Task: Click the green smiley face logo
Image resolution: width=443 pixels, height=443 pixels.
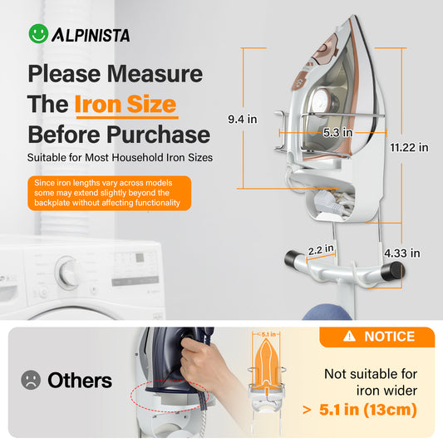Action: tap(38, 34)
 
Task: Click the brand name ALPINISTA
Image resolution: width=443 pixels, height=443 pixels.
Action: tap(91, 36)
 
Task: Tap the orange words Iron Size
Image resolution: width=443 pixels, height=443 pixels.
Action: tap(126, 105)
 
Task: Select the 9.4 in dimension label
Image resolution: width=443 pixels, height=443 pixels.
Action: tap(241, 120)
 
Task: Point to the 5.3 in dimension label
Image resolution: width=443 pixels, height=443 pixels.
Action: tap(337, 131)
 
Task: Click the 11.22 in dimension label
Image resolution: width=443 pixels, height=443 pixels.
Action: tap(409, 147)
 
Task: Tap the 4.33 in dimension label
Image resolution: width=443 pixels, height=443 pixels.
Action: tap(402, 253)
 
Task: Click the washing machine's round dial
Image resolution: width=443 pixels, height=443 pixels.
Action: tap(66, 272)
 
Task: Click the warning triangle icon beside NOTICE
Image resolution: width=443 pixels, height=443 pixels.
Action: tap(349, 337)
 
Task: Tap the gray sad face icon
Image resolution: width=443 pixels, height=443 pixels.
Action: tap(31, 381)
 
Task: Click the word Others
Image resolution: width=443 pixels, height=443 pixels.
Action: tap(80, 381)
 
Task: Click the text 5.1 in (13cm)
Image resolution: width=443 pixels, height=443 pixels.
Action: tap(371, 410)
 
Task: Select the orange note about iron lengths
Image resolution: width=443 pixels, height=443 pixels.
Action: tap(109, 193)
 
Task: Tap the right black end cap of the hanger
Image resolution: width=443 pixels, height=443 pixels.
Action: tap(397, 269)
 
